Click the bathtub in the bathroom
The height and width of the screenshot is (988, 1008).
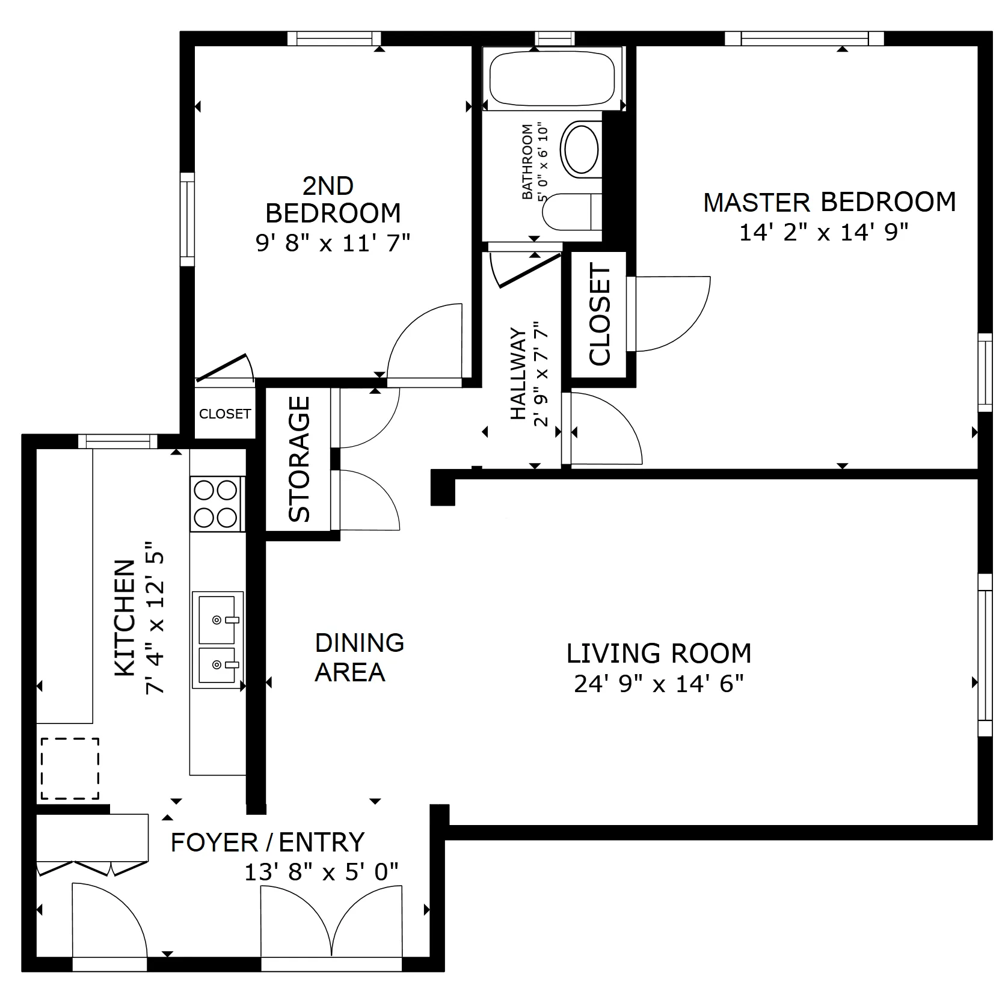pos(552,79)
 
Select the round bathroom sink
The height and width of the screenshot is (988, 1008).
pos(580,148)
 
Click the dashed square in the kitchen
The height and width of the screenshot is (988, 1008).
pos(70,769)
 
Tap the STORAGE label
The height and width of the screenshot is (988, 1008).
pos(300,459)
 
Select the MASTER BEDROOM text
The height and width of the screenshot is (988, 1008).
pos(829,203)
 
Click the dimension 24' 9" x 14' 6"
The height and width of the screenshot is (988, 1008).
pos(659,684)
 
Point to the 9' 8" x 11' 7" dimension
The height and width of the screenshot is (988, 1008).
pos(333,244)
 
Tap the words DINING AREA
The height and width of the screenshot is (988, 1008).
pos(359,657)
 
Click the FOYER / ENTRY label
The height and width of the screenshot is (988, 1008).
pos(268,842)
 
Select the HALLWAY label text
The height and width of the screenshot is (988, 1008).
pos(518,373)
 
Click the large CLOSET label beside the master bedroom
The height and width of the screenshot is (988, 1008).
pos(600,315)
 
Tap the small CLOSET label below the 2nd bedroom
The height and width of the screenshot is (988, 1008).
pos(224,414)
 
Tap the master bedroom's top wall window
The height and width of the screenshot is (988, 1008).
pos(804,38)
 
